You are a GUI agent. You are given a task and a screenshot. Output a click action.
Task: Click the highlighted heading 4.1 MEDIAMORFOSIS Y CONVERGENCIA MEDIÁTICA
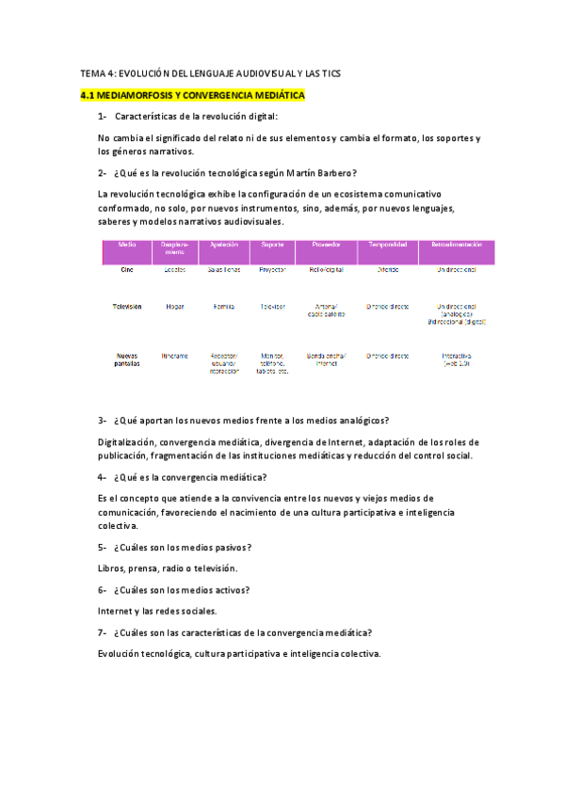(x=192, y=96)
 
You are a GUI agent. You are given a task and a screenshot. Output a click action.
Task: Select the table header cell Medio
(x=127, y=244)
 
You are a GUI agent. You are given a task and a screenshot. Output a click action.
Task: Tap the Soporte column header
(x=271, y=244)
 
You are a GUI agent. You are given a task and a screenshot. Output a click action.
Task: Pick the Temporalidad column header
(x=388, y=244)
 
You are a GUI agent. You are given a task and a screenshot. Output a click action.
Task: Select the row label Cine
(x=127, y=269)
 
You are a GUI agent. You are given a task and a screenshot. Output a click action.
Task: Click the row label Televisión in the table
(x=127, y=307)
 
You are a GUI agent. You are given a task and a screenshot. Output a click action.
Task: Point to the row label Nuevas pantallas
(x=127, y=359)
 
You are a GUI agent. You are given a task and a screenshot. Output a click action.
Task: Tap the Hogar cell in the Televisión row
(x=175, y=307)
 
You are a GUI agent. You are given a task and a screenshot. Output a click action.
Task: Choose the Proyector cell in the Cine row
(x=271, y=269)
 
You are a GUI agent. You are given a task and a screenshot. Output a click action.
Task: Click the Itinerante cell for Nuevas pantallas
(x=175, y=356)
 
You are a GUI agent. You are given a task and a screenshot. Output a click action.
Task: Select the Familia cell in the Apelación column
(x=224, y=307)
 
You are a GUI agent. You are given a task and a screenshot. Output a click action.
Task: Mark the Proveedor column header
(x=326, y=244)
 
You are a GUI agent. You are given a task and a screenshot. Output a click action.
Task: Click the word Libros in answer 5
(x=112, y=568)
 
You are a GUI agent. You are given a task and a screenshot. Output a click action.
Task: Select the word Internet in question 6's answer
(x=116, y=611)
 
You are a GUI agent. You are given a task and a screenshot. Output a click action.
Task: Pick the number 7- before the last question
(x=102, y=632)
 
